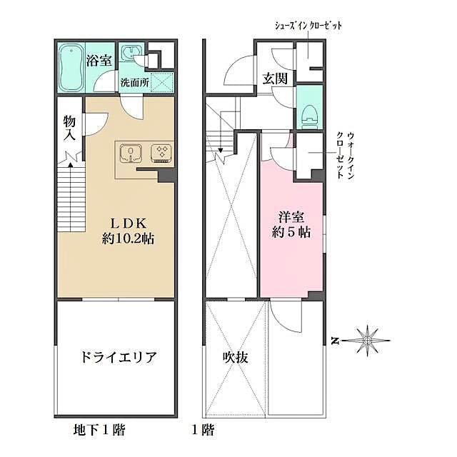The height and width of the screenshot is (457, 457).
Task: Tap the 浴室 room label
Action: (x=99, y=60)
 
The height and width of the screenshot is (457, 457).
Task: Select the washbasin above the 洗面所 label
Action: (x=130, y=55)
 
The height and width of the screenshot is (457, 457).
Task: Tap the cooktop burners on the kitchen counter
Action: (x=161, y=152)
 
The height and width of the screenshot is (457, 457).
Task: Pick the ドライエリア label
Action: (x=115, y=357)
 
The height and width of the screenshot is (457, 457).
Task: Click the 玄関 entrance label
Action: (x=275, y=79)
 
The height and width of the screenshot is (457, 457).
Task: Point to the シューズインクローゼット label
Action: (x=308, y=26)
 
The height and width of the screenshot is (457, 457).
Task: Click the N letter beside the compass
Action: (x=335, y=341)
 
